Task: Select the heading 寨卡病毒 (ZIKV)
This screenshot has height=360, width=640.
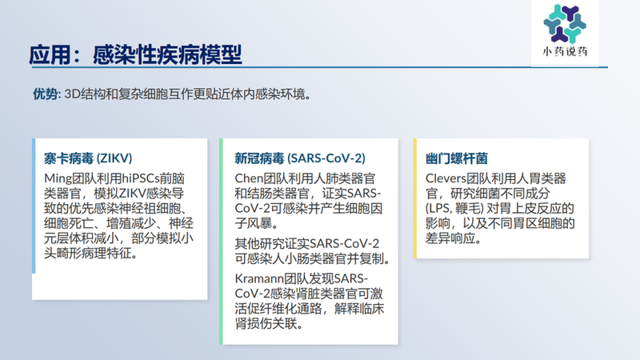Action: pos(87,157)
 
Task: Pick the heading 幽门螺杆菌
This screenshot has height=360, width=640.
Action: pos(457,157)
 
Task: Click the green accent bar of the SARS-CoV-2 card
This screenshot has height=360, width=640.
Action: pos(222,241)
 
